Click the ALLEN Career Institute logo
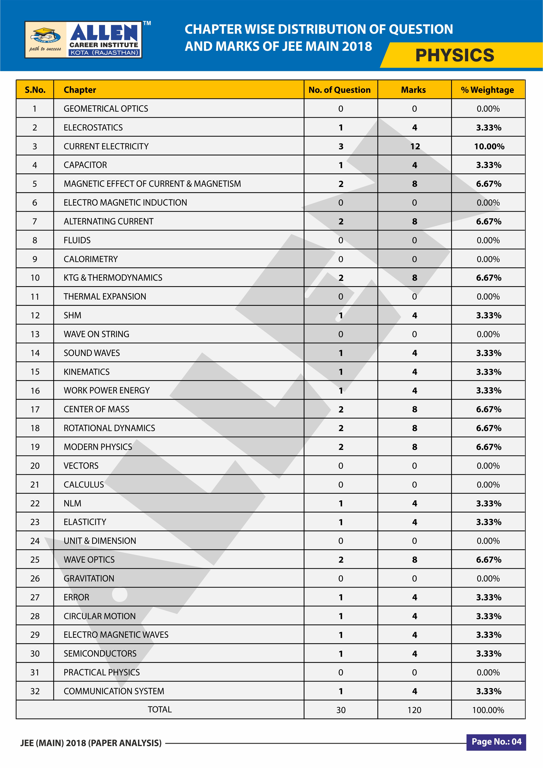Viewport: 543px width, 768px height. click(x=83, y=40)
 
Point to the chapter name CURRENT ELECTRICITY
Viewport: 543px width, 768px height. click(x=106, y=146)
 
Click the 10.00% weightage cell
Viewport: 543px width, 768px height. click(x=489, y=146)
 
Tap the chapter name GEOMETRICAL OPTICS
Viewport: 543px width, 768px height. click(x=106, y=109)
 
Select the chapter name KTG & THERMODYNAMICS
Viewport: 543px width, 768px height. click(x=113, y=278)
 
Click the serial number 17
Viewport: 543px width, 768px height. click(x=35, y=409)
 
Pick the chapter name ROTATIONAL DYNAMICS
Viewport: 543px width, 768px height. click(x=109, y=428)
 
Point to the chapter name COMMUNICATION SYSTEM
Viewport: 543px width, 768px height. click(x=114, y=691)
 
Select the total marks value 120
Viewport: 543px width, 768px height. click(x=414, y=710)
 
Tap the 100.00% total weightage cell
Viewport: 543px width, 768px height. click(x=488, y=710)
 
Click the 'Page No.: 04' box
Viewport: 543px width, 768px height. click(x=496, y=742)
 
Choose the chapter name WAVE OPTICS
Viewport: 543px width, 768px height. click(x=89, y=560)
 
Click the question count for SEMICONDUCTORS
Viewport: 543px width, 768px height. click(x=341, y=654)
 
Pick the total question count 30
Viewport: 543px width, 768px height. click(x=341, y=710)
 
